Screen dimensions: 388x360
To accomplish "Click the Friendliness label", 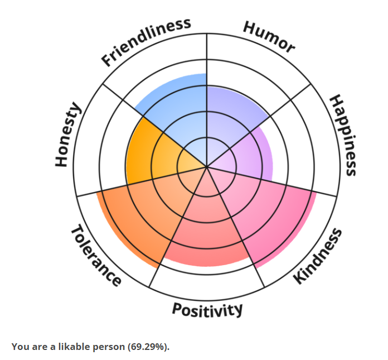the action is click(146, 42).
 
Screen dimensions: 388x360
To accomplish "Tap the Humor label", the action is click(269, 37).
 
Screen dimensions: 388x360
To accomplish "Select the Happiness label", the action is click(343, 135).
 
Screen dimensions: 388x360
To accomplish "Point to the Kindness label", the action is click(318, 256).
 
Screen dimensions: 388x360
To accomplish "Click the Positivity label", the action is click(207, 310).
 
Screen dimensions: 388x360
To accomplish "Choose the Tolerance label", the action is click(96, 255).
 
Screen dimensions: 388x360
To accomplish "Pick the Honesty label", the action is click(68, 135).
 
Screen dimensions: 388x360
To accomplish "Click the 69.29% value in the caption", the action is click(148, 347).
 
